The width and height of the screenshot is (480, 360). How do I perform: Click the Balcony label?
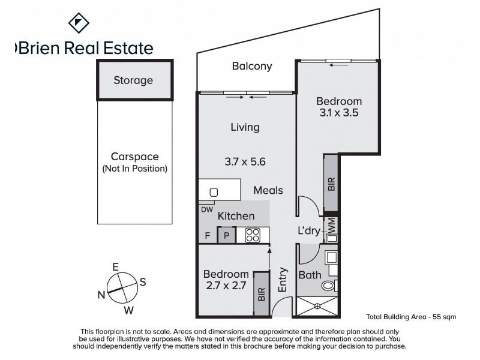point(252,67)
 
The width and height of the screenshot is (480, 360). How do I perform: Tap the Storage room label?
point(133,80)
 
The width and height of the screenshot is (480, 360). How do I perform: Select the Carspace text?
point(134,157)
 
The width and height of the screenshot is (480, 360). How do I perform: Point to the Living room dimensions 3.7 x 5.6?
point(245,161)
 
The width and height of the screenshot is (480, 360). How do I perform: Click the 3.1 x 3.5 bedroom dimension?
point(339,112)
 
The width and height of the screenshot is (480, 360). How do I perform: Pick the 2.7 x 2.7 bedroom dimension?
point(225,286)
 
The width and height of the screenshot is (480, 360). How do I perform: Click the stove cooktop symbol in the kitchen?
point(252,235)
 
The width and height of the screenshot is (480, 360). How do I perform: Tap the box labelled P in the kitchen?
point(226,236)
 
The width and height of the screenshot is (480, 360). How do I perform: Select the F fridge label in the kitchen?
point(207,236)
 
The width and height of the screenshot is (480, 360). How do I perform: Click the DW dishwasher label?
point(206,209)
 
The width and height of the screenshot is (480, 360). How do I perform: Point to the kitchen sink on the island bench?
point(214,193)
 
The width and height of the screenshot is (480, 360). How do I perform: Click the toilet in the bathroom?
point(331,286)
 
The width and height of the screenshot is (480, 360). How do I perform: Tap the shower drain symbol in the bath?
point(318,306)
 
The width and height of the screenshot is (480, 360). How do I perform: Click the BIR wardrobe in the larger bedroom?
point(331,182)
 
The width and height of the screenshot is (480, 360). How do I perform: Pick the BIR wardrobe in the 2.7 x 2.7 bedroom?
point(261,294)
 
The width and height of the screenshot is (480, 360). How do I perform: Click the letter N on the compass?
point(101,294)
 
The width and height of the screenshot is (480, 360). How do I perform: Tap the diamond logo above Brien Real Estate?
point(78,23)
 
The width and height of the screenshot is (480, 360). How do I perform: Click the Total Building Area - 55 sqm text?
point(411,316)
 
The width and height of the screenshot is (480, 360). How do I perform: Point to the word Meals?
point(268,190)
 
